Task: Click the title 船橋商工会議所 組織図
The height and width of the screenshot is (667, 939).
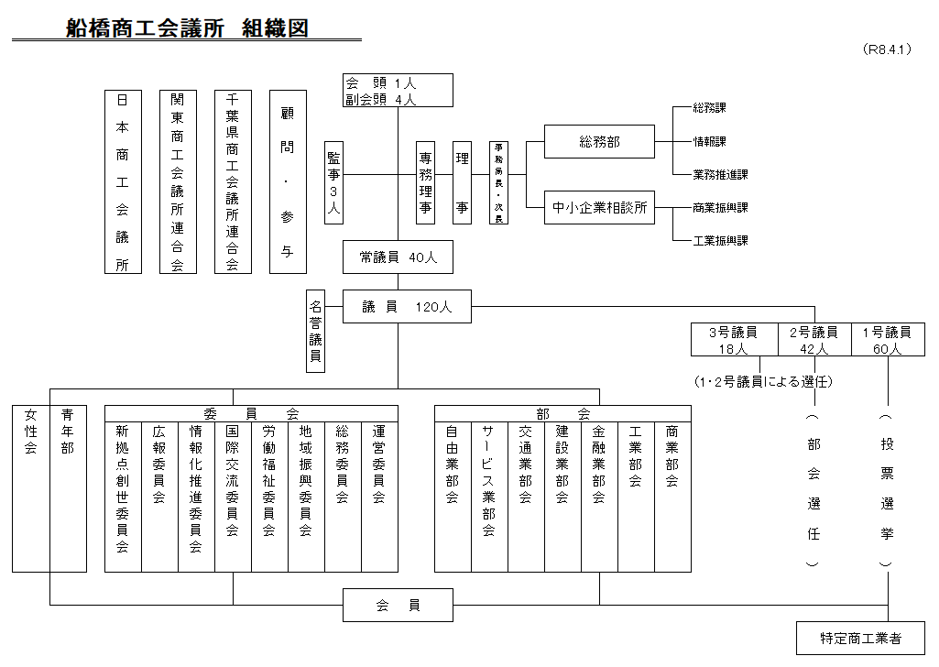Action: tap(187, 28)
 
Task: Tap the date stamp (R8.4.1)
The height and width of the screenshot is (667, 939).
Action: tap(887, 50)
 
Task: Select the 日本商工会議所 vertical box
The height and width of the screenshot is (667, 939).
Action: tap(123, 181)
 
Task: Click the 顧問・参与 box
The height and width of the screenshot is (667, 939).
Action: tap(288, 181)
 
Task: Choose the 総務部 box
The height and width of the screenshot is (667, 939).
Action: tap(599, 141)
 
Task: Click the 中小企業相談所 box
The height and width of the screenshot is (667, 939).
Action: tap(599, 208)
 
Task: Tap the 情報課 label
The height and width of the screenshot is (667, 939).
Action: tap(710, 141)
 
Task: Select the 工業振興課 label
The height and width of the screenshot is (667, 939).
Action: tap(720, 241)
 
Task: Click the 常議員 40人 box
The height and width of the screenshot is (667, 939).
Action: tap(398, 258)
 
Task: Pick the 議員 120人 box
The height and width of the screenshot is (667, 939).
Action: tap(407, 307)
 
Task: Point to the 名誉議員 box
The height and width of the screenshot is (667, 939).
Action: tap(315, 331)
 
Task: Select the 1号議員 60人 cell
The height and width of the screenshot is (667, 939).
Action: tap(888, 339)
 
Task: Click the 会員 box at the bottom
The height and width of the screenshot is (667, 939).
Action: tap(398, 605)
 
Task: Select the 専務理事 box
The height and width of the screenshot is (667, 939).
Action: tap(425, 182)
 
